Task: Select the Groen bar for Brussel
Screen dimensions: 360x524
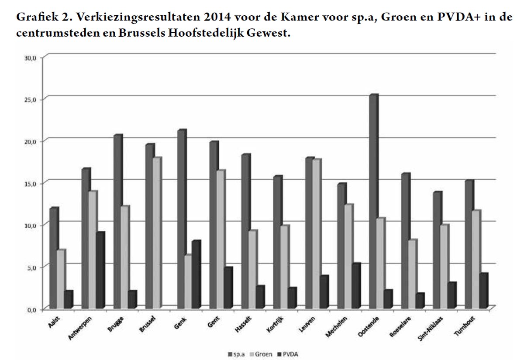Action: pos(156,233)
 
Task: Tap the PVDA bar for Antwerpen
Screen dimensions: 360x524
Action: pos(100,271)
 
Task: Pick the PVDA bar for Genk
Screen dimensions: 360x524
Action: pos(195,275)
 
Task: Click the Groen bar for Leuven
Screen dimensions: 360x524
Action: pos(316,234)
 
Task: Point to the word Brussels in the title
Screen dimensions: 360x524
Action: pos(140,33)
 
